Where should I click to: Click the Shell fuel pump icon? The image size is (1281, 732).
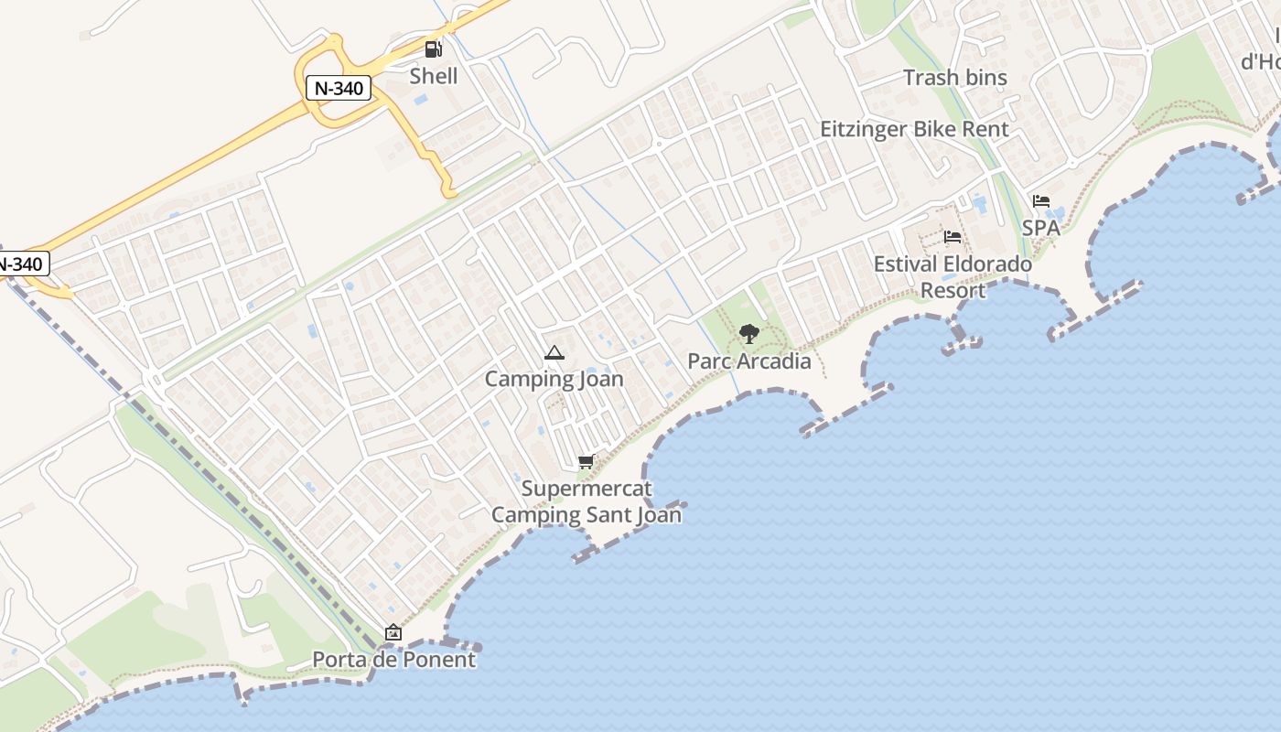tap(433, 49)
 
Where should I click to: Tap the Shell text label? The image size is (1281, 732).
tap(434, 76)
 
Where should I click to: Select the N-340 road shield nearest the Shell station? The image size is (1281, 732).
tap(339, 89)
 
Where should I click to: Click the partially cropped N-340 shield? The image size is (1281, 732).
tap(20, 264)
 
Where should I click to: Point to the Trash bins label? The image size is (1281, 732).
tap(955, 78)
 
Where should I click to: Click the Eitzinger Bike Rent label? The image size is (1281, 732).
tap(914, 129)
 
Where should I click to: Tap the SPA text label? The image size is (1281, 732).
tap(1041, 227)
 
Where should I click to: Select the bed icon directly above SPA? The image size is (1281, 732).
tap(1041, 201)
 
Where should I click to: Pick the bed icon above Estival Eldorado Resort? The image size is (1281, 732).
tap(953, 237)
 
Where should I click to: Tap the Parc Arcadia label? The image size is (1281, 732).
tap(749, 361)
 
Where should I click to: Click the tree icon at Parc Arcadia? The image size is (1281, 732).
tap(749, 333)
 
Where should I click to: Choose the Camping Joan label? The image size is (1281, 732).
tap(554, 379)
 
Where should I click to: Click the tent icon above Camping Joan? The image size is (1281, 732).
tap(554, 353)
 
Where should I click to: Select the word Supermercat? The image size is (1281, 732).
tap(587, 489)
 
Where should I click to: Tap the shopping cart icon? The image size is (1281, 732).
tap(587, 462)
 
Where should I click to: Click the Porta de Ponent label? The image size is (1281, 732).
tap(394, 660)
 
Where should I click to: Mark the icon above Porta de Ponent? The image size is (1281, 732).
tap(393, 632)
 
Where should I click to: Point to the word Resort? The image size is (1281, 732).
tap(953, 291)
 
